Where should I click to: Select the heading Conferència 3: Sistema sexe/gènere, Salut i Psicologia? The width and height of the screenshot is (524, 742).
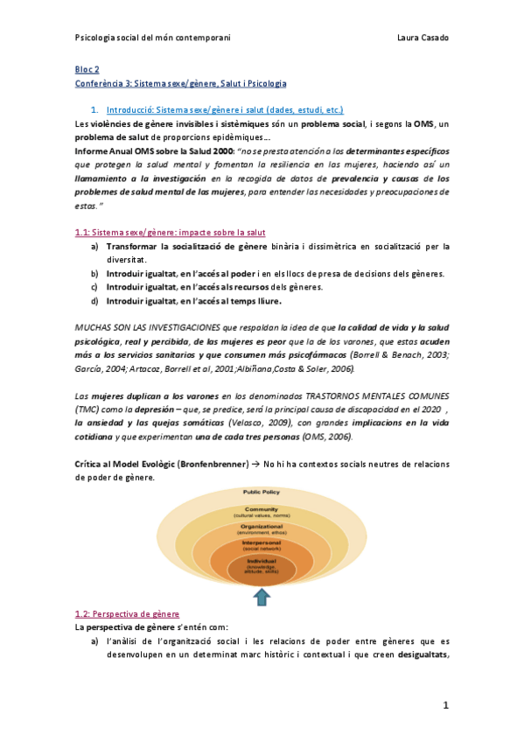(181, 82)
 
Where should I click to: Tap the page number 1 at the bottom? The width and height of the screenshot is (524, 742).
(444, 704)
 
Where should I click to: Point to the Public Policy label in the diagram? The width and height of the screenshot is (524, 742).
(263, 493)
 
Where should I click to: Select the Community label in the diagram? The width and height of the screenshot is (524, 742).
(262, 509)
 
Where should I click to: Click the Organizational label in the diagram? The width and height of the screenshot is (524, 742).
(262, 527)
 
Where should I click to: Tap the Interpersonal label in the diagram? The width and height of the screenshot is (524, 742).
(262, 543)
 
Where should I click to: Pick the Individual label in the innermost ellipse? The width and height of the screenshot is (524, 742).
(262, 560)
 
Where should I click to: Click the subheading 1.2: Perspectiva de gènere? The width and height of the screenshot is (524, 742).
(128, 614)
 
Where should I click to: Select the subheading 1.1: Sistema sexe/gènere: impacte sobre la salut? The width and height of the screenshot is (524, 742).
(171, 232)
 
